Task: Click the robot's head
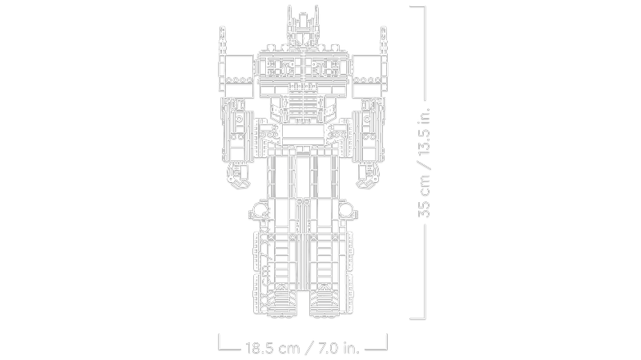click(x=303, y=28)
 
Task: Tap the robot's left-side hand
click(x=238, y=176)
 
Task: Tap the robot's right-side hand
click(x=368, y=176)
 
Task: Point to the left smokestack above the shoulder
click(x=223, y=41)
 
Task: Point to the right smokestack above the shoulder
click(x=384, y=41)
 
